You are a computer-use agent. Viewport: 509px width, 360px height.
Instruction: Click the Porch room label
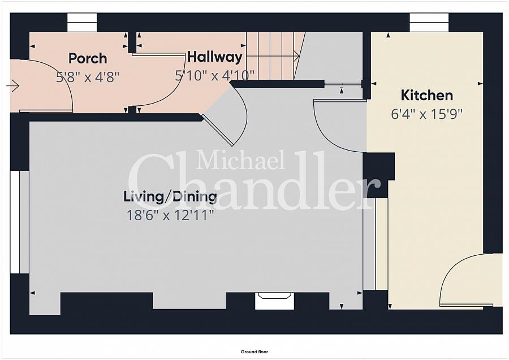88,58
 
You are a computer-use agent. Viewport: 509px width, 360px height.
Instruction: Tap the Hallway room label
214,57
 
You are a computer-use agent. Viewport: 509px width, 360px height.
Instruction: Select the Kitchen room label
427,95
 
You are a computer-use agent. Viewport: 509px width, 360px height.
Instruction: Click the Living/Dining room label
170,197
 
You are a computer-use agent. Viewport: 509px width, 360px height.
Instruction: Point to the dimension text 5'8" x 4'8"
88,77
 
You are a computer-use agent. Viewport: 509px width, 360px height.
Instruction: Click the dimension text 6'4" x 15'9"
427,114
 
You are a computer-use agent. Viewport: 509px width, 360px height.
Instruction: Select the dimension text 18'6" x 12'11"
170,215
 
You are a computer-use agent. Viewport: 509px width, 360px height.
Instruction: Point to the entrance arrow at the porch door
13,85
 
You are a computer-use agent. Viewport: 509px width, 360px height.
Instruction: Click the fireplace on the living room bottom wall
274,300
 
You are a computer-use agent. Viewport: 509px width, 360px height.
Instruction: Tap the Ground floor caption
255,352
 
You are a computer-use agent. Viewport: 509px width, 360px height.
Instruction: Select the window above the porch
82,23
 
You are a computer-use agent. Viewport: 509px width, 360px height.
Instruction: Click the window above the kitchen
429,23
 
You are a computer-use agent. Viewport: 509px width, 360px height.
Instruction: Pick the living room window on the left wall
19,222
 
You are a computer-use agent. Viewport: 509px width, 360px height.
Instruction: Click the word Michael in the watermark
241,160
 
